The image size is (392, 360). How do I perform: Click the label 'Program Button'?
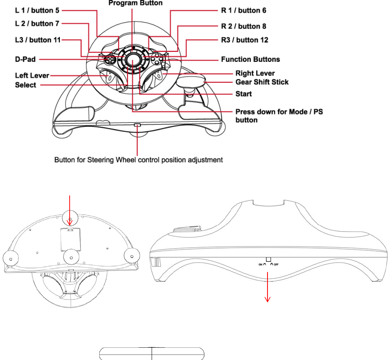click(136, 3)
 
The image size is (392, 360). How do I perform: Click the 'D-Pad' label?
click(25, 60)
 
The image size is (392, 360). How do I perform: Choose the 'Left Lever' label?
click(32, 76)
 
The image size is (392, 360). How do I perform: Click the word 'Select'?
click(26, 85)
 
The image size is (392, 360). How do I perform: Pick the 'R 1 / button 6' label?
click(244, 10)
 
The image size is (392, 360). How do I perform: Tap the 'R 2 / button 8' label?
click(244, 26)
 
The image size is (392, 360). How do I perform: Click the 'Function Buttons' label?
click(251, 59)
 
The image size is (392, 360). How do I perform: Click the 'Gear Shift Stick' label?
click(262, 82)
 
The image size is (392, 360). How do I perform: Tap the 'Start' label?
click(244, 94)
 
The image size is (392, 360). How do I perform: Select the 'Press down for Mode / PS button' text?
click(279, 115)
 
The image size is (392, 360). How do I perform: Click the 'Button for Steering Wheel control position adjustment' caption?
click(139, 160)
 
